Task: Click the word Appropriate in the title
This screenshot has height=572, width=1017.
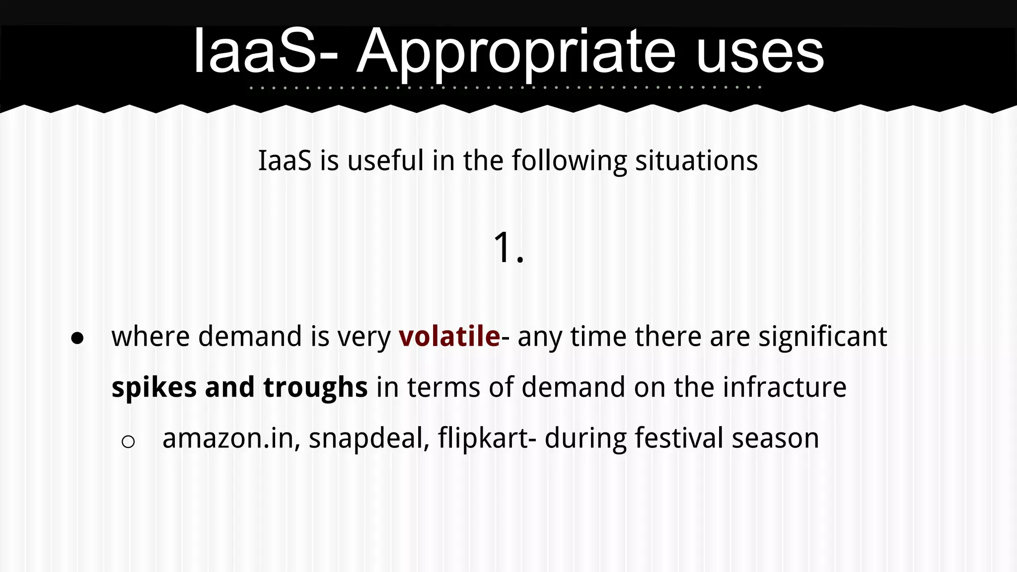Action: point(516,52)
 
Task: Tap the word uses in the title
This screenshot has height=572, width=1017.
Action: point(760,52)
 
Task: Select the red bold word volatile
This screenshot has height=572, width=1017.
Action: point(449,336)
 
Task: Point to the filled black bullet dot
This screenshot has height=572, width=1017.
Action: point(77,338)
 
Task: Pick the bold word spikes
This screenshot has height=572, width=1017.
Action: point(154,387)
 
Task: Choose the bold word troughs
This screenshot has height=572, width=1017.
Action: point(315,387)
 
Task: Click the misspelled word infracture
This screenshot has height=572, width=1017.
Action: point(785,387)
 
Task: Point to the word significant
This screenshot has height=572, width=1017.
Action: point(822,336)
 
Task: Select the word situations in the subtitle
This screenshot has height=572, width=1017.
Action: point(696,161)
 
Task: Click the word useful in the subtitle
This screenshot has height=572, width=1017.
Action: point(385,161)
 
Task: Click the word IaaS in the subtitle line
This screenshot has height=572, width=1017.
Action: point(285,161)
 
